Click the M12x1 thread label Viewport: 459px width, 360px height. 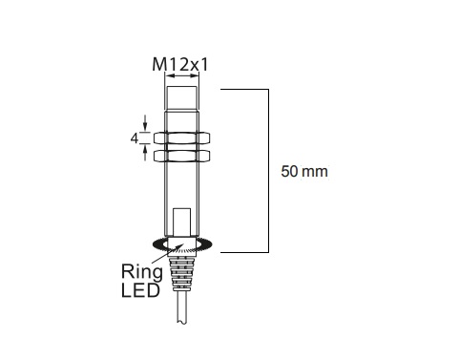pos(181,66)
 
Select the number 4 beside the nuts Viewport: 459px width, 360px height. pos(135,138)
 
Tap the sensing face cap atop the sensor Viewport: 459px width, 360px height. pos(181,96)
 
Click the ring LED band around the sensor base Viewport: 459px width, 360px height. pos(181,245)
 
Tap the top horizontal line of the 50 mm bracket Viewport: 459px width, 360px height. pos(244,89)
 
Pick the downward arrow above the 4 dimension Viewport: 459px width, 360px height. pos(145,122)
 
